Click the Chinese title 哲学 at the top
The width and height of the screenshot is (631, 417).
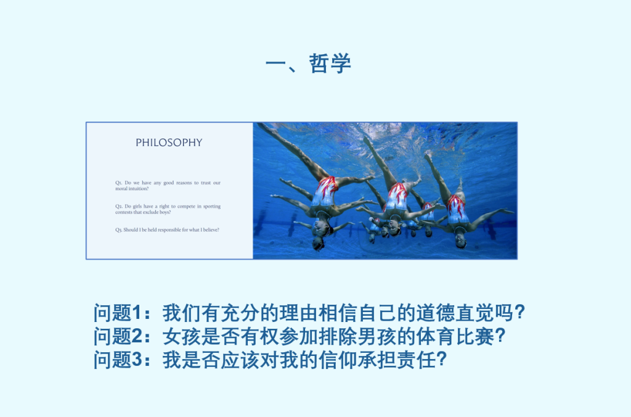[330, 64]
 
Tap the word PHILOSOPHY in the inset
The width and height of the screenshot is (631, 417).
[169, 142]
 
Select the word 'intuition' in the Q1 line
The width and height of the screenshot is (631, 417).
[137, 189]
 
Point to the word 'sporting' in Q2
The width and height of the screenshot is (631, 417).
[212, 206]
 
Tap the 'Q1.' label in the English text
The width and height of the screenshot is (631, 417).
[119, 183]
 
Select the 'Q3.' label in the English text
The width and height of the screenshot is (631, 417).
[119, 230]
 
